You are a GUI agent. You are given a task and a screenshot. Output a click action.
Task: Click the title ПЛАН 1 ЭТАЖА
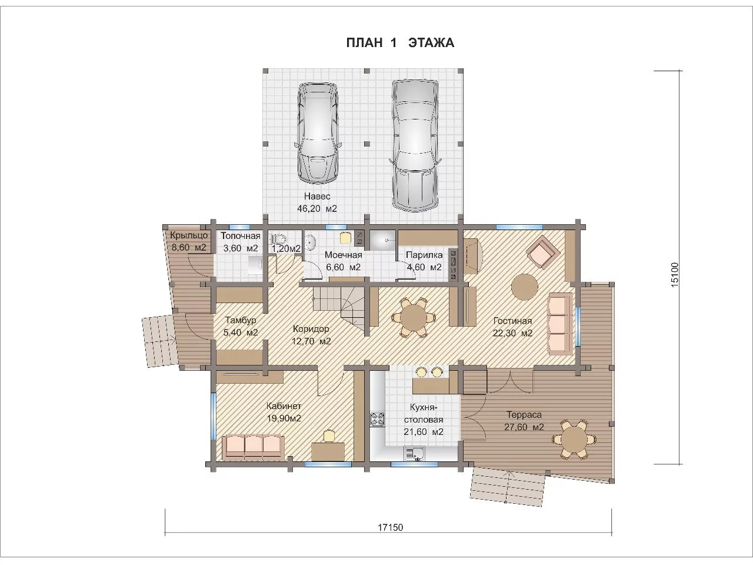(x=400, y=43)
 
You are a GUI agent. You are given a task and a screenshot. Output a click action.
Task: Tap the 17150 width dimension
(x=391, y=527)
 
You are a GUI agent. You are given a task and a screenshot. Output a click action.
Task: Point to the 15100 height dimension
(x=674, y=275)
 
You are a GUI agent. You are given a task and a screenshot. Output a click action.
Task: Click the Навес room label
(x=317, y=196)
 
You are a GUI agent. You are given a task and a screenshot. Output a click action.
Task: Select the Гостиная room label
(x=512, y=321)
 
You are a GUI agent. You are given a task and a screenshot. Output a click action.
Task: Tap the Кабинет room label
(x=284, y=406)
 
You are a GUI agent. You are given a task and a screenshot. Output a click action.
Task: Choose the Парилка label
(x=424, y=255)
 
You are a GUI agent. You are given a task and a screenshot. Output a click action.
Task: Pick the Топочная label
(x=241, y=236)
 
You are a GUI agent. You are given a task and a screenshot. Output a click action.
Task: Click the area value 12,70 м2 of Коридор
(x=311, y=341)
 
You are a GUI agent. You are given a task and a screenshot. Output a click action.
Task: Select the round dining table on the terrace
(x=574, y=439)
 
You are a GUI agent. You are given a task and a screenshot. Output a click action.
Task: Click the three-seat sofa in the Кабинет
(x=254, y=447)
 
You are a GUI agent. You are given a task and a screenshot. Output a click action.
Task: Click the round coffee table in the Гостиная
(x=525, y=287)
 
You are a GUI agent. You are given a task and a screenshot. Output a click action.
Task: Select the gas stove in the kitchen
(x=377, y=420)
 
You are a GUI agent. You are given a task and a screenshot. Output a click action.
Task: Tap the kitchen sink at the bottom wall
(x=414, y=454)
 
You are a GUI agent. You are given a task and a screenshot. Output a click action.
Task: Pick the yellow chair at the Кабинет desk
(x=329, y=436)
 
